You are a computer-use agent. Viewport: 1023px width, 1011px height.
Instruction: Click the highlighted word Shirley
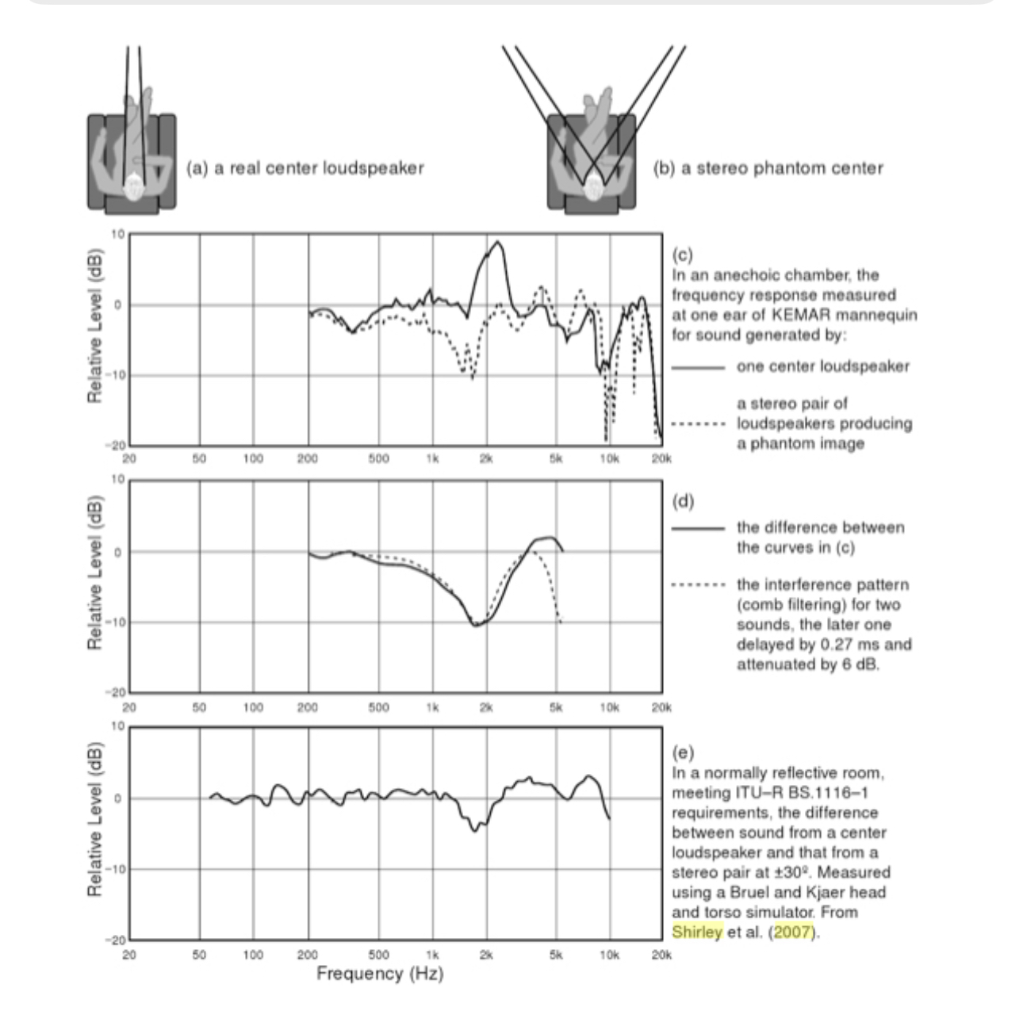click(x=697, y=932)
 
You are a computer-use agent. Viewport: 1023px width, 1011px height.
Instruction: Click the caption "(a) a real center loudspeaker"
click(x=305, y=168)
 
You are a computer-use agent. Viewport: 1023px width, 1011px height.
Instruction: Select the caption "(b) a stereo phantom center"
click(x=768, y=168)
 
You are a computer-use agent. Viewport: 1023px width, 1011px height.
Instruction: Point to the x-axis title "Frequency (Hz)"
click(x=380, y=973)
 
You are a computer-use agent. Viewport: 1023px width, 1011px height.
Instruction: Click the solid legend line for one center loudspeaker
click(x=698, y=367)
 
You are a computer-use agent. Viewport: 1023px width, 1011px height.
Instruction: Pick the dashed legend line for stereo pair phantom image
click(x=698, y=423)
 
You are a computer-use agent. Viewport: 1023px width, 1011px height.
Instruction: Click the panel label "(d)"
click(x=682, y=501)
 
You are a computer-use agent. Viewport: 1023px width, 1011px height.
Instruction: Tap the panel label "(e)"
click(x=682, y=751)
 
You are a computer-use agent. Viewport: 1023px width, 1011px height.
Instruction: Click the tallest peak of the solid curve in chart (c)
click(x=498, y=242)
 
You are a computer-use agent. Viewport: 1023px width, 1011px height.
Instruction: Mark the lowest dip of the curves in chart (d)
click(x=475, y=626)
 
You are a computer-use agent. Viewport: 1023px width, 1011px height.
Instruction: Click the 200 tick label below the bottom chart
click(x=307, y=955)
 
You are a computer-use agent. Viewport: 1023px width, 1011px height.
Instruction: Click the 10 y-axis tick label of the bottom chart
click(x=118, y=726)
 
